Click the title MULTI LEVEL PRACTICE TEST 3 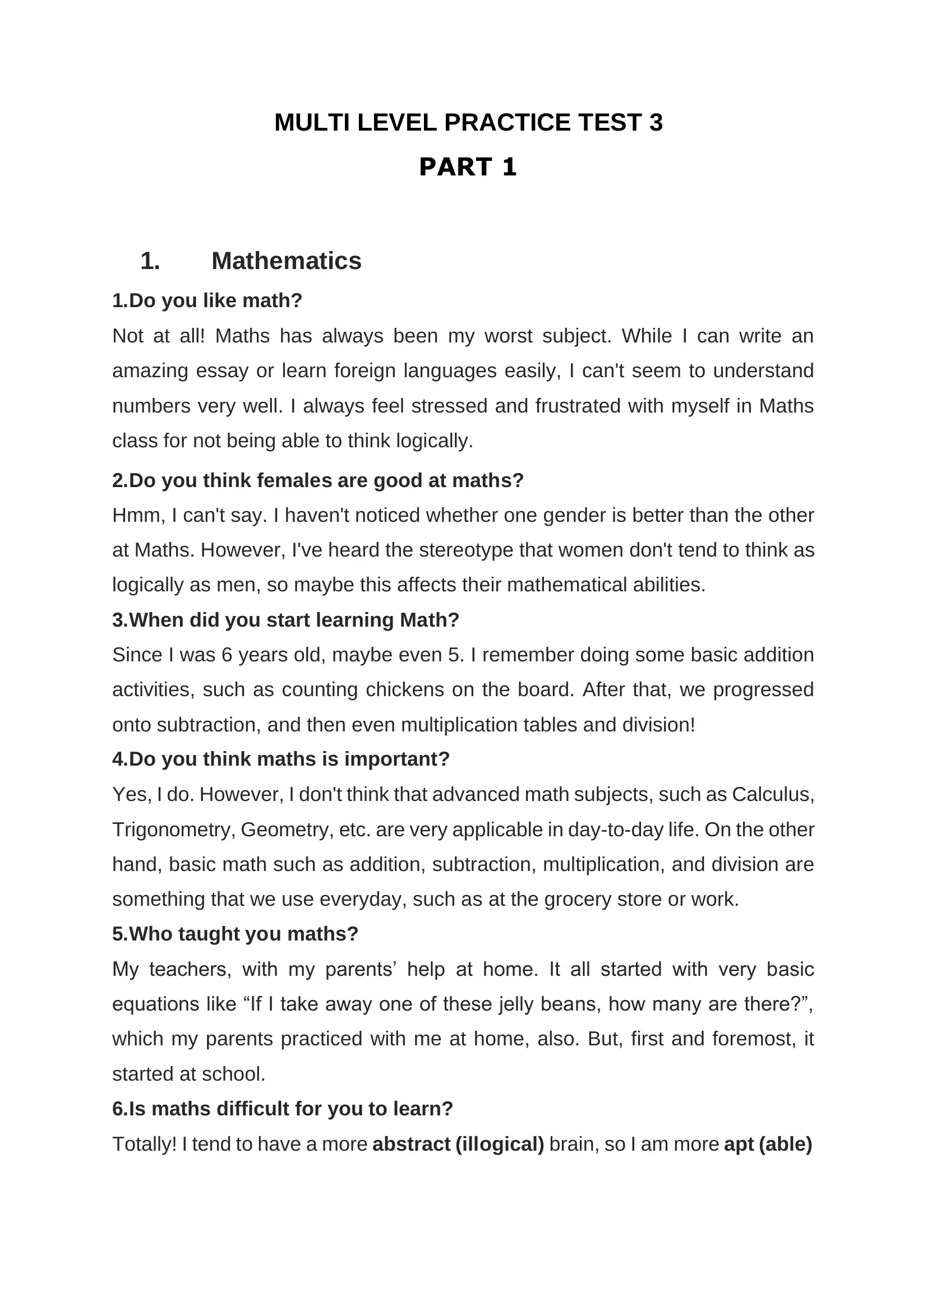coord(468,123)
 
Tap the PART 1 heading coord(468,166)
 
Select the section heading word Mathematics coord(286,261)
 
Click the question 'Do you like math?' coord(207,300)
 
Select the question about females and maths coord(317,480)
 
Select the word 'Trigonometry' coord(174,829)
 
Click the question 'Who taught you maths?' coord(235,934)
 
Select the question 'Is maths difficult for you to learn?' coord(282,1108)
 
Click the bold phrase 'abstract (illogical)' coord(458,1144)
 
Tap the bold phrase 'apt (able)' coord(768,1144)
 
